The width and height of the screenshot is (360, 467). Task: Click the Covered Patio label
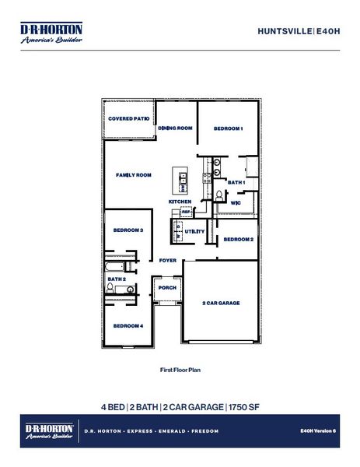click(128, 119)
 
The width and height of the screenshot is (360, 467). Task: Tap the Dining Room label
click(175, 128)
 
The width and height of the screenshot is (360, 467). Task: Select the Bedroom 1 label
click(229, 128)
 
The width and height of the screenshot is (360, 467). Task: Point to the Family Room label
click(133, 175)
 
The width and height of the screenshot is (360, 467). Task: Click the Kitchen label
click(180, 202)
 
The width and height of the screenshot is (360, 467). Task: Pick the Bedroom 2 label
click(239, 240)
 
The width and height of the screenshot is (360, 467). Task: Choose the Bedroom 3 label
click(128, 230)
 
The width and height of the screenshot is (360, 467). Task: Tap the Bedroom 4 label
click(128, 325)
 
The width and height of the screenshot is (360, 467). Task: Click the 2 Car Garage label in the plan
click(221, 303)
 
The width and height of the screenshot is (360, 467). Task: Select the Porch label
click(167, 287)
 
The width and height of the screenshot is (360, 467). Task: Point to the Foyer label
click(168, 260)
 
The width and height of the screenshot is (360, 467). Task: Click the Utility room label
click(194, 231)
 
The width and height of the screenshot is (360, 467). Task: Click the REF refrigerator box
click(186, 211)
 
